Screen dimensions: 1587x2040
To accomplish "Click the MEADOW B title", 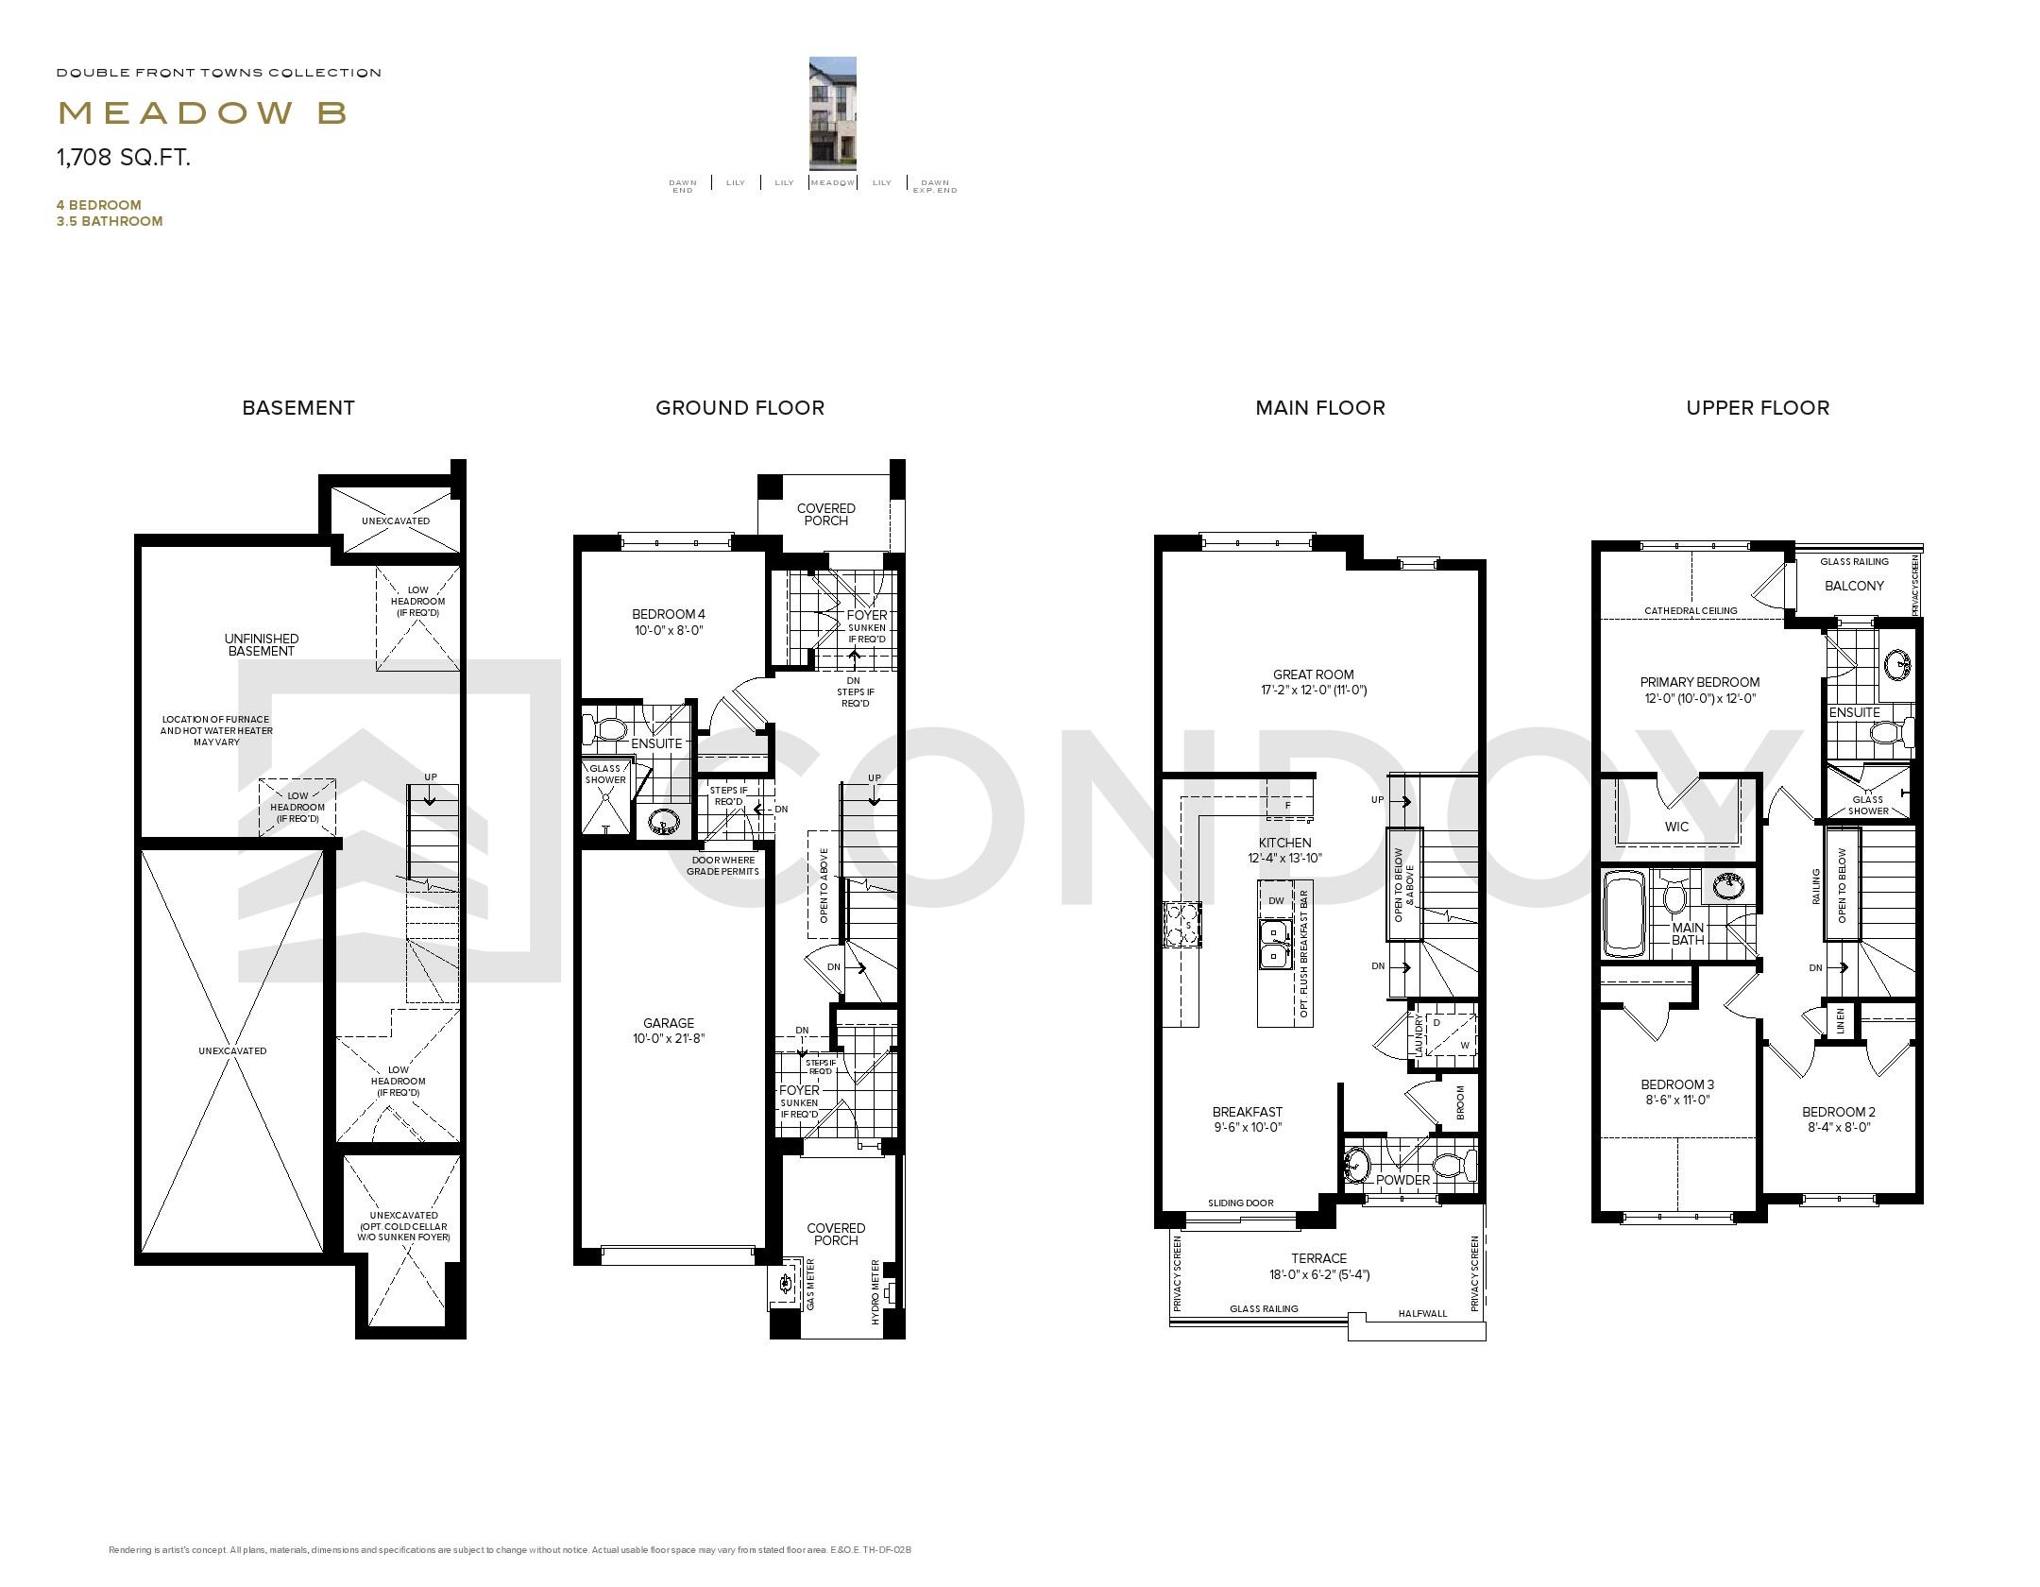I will [x=202, y=113].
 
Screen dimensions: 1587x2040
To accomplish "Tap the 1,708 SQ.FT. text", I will [x=124, y=158].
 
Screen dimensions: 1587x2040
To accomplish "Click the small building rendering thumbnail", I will [x=832, y=112].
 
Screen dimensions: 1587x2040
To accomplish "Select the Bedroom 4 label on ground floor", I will [x=669, y=622].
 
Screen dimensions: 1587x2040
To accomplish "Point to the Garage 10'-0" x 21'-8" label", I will [x=669, y=1030].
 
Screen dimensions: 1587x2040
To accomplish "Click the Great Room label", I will [x=1313, y=681].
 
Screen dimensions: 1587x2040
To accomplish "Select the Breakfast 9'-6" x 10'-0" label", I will [x=1247, y=1118].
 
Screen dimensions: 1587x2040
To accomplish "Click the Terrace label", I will [x=1318, y=1265].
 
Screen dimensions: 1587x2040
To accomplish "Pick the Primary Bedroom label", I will [x=1699, y=690].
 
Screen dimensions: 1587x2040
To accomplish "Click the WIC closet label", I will [x=1676, y=827].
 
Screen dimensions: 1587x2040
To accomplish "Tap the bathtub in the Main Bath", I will [x=1623, y=914].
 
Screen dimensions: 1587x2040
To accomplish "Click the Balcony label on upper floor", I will [x=1854, y=586].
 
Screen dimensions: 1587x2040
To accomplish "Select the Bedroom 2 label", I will [x=1838, y=1118].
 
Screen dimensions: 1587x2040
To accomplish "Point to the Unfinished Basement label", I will [x=262, y=644].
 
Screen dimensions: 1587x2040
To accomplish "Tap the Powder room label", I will [x=1402, y=1180].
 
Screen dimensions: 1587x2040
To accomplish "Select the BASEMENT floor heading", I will [x=298, y=408].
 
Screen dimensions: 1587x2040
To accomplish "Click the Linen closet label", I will [x=1840, y=1021].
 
